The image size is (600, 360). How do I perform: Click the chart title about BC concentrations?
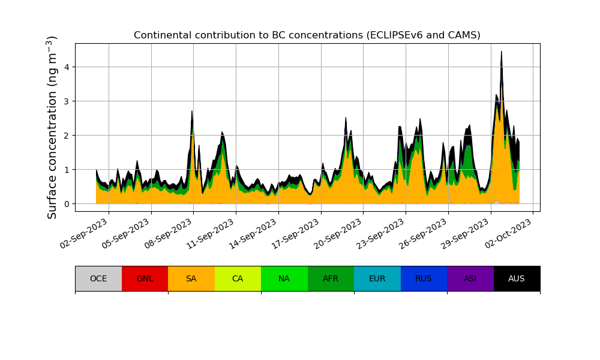307,35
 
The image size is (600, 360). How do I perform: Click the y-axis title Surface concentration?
52,127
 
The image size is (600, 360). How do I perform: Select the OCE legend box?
98,278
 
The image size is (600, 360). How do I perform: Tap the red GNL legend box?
145,278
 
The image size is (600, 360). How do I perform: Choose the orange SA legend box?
191,278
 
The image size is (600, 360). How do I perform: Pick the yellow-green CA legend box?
238,278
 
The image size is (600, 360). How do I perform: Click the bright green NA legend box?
284,278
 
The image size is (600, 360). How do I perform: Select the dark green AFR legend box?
331,278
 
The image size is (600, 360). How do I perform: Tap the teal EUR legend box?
377,278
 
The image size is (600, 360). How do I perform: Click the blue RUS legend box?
424,278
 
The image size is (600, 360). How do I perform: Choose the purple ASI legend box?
470,278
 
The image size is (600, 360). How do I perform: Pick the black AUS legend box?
517,278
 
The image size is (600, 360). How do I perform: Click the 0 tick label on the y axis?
67,204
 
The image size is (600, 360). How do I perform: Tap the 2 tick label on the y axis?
67,136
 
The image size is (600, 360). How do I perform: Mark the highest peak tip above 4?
501,52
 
